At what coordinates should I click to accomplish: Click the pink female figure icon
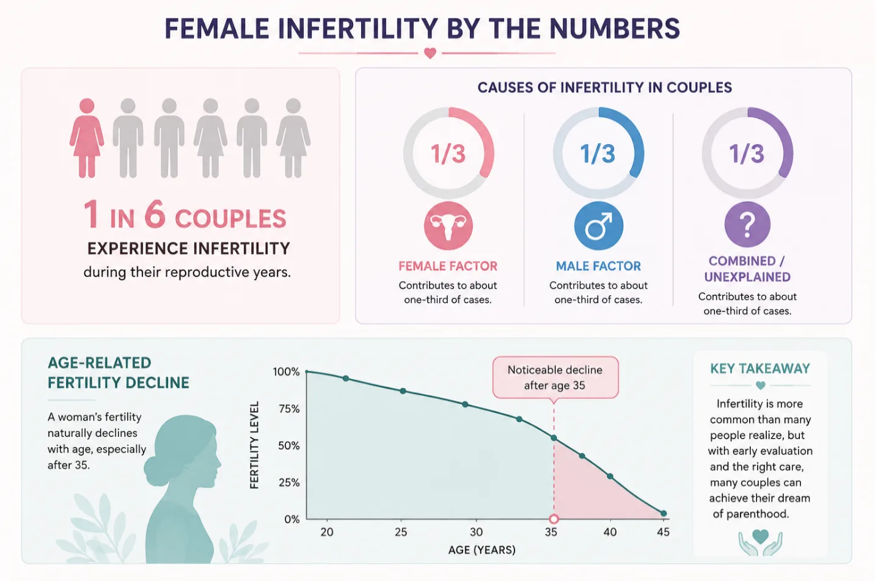pos(87,138)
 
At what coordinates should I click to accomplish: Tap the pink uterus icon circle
pos(448,225)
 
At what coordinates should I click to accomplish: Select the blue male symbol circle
pos(598,225)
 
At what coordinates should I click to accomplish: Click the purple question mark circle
pos(747,224)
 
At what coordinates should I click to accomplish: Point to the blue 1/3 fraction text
pos(598,153)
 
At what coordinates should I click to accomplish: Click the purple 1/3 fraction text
pos(747,153)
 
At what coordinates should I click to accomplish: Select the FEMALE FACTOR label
pos(448,266)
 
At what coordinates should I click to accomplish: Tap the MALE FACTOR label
pos(598,266)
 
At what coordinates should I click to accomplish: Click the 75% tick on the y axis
pos(290,409)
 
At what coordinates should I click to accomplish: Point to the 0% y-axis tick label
pos(292,519)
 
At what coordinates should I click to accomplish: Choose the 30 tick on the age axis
pos(476,532)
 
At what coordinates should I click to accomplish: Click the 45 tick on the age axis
pos(664,532)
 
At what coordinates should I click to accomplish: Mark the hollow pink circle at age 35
pos(554,519)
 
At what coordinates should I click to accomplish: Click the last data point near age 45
pos(664,513)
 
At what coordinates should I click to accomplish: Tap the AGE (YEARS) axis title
pos(481,550)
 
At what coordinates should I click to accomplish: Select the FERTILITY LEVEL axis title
pos(254,445)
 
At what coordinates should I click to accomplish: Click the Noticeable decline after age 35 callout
pos(555,378)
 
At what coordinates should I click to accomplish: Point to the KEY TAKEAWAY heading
pos(760,368)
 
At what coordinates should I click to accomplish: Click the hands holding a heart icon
pos(760,542)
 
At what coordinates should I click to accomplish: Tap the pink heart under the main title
pos(430,53)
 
